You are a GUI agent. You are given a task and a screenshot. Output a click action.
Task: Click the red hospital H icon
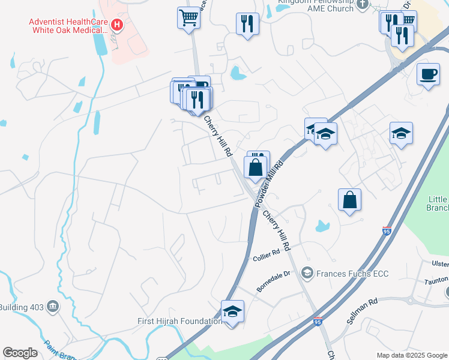click(118, 25)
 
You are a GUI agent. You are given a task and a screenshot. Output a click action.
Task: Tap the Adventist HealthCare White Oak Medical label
click(68, 25)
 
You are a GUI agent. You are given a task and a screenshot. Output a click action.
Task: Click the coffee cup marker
click(428, 74)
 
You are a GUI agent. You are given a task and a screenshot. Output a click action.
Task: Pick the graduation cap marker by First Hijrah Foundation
click(232, 311)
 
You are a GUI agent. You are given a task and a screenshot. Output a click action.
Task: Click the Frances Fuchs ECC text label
click(353, 274)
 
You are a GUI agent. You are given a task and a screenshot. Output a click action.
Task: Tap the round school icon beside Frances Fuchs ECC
click(307, 274)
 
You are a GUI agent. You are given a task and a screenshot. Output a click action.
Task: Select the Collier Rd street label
click(267, 254)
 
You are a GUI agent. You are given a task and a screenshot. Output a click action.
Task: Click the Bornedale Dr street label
click(274, 281)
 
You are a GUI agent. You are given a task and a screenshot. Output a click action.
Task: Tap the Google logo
click(20, 353)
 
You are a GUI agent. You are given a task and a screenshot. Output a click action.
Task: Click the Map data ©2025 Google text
click(412, 355)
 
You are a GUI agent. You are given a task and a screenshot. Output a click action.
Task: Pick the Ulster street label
click(440, 264)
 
